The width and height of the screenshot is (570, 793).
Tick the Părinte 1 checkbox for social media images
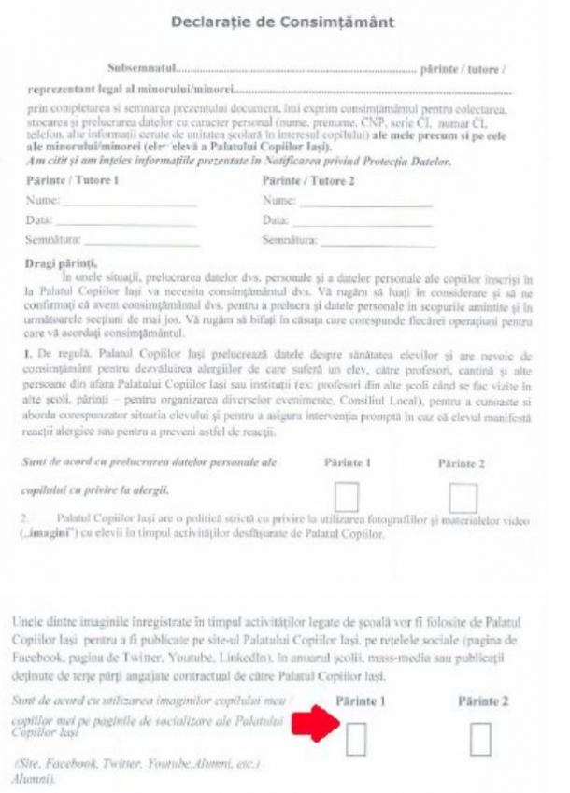[x=356, y=740]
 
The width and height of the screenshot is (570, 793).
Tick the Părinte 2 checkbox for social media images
[x=480, y=740]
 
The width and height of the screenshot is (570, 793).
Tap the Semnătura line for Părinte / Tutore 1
[x=140, y=240]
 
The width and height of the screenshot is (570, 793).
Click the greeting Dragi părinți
[x=60, y=262]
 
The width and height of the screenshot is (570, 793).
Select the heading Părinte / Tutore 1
[x=72, y=181]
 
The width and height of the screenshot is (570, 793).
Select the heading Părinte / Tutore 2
[x=308, y=181]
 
